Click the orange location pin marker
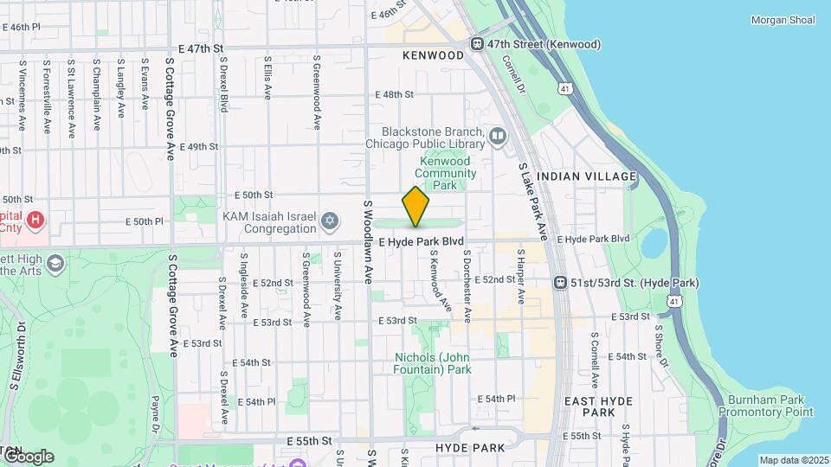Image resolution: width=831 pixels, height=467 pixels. (415, 206)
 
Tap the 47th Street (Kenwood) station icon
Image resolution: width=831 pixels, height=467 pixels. (477, 44)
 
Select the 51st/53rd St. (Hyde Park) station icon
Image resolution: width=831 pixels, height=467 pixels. (561, 283)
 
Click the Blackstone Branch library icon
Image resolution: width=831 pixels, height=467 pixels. (498, 135)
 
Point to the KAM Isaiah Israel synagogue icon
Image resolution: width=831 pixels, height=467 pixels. (328, 222)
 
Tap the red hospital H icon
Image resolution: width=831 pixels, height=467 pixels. (35, 221)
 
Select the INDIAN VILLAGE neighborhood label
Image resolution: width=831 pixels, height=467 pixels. (587, 176)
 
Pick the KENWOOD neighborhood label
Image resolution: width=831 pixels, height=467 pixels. (434, 55)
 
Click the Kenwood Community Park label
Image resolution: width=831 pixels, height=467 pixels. (445, 173)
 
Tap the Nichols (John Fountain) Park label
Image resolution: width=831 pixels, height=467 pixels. (433, 363)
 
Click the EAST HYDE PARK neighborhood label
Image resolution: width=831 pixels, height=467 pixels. (598, 407)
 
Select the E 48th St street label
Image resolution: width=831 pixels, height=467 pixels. (394, 94)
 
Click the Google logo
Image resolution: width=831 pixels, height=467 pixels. (28, 457)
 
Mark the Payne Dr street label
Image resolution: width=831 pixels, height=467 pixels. (155, 414)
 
